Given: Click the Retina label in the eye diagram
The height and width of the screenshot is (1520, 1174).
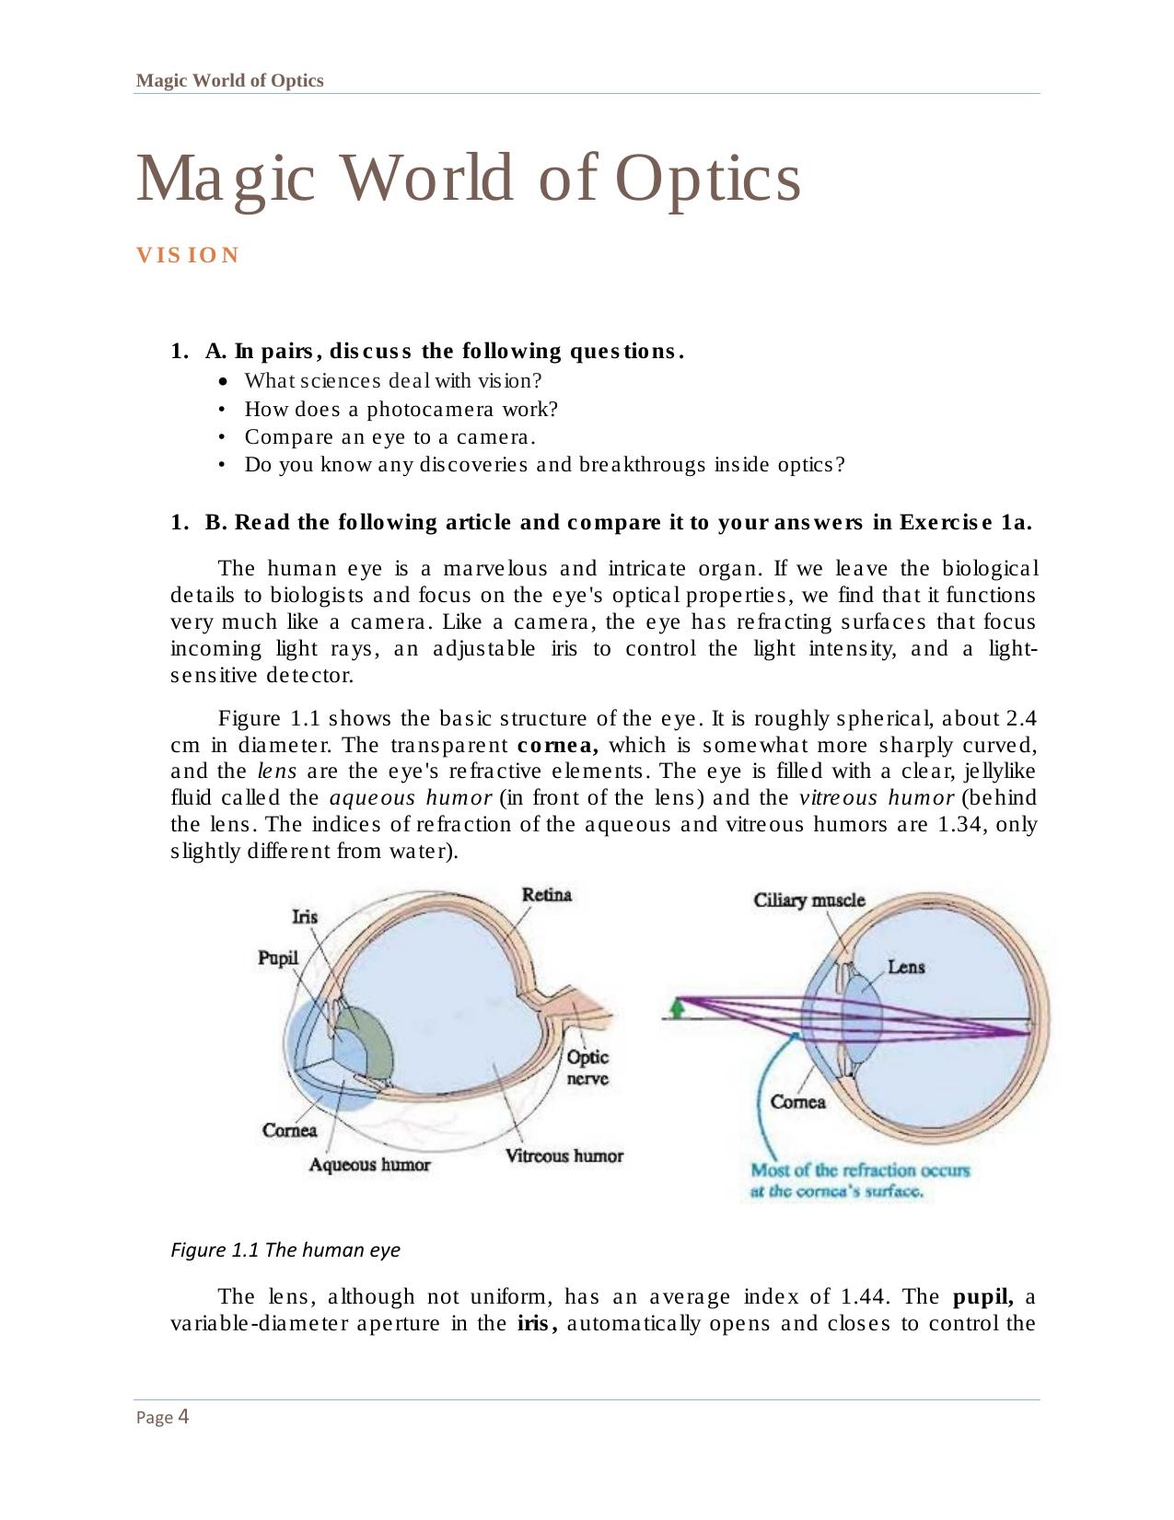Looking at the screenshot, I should click(546, 895).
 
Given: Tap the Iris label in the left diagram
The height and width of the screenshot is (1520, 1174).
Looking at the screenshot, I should click(305, 916).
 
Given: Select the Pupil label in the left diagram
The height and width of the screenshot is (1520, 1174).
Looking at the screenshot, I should click(278, 957).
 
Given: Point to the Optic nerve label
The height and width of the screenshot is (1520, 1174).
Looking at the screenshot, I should click(587, 1068).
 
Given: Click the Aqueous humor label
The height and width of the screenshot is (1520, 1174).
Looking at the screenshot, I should click(369, 1165).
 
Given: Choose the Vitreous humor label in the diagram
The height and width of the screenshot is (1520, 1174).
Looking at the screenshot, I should click(564, 1155).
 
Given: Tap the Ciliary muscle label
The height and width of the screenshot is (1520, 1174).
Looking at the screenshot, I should click(809, 899).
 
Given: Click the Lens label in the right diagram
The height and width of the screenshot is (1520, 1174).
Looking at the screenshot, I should click(906, 967).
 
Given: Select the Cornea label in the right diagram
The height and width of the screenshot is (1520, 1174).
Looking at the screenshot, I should click(797, 1102).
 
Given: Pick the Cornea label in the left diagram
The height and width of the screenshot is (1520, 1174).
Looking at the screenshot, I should click(289, 1130).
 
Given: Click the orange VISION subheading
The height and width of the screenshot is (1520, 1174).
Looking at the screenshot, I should click(188, 255).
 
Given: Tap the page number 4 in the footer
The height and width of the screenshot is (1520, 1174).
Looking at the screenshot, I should click(183, 1416).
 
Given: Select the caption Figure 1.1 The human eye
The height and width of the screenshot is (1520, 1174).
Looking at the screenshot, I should click(285, 1250).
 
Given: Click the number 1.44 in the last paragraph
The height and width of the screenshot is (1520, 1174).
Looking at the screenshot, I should click(863, 1297).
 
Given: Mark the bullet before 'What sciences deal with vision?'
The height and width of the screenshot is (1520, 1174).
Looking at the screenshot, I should click(223, 381).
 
